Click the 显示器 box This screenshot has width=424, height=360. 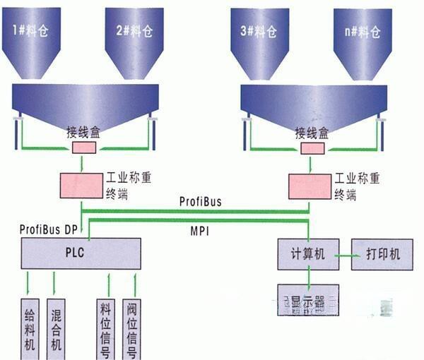point(308,299)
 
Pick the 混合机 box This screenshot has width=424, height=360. point(55,329)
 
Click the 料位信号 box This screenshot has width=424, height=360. point(106,329)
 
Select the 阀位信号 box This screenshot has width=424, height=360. point(133,329)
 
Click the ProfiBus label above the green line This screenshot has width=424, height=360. point(199,201)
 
